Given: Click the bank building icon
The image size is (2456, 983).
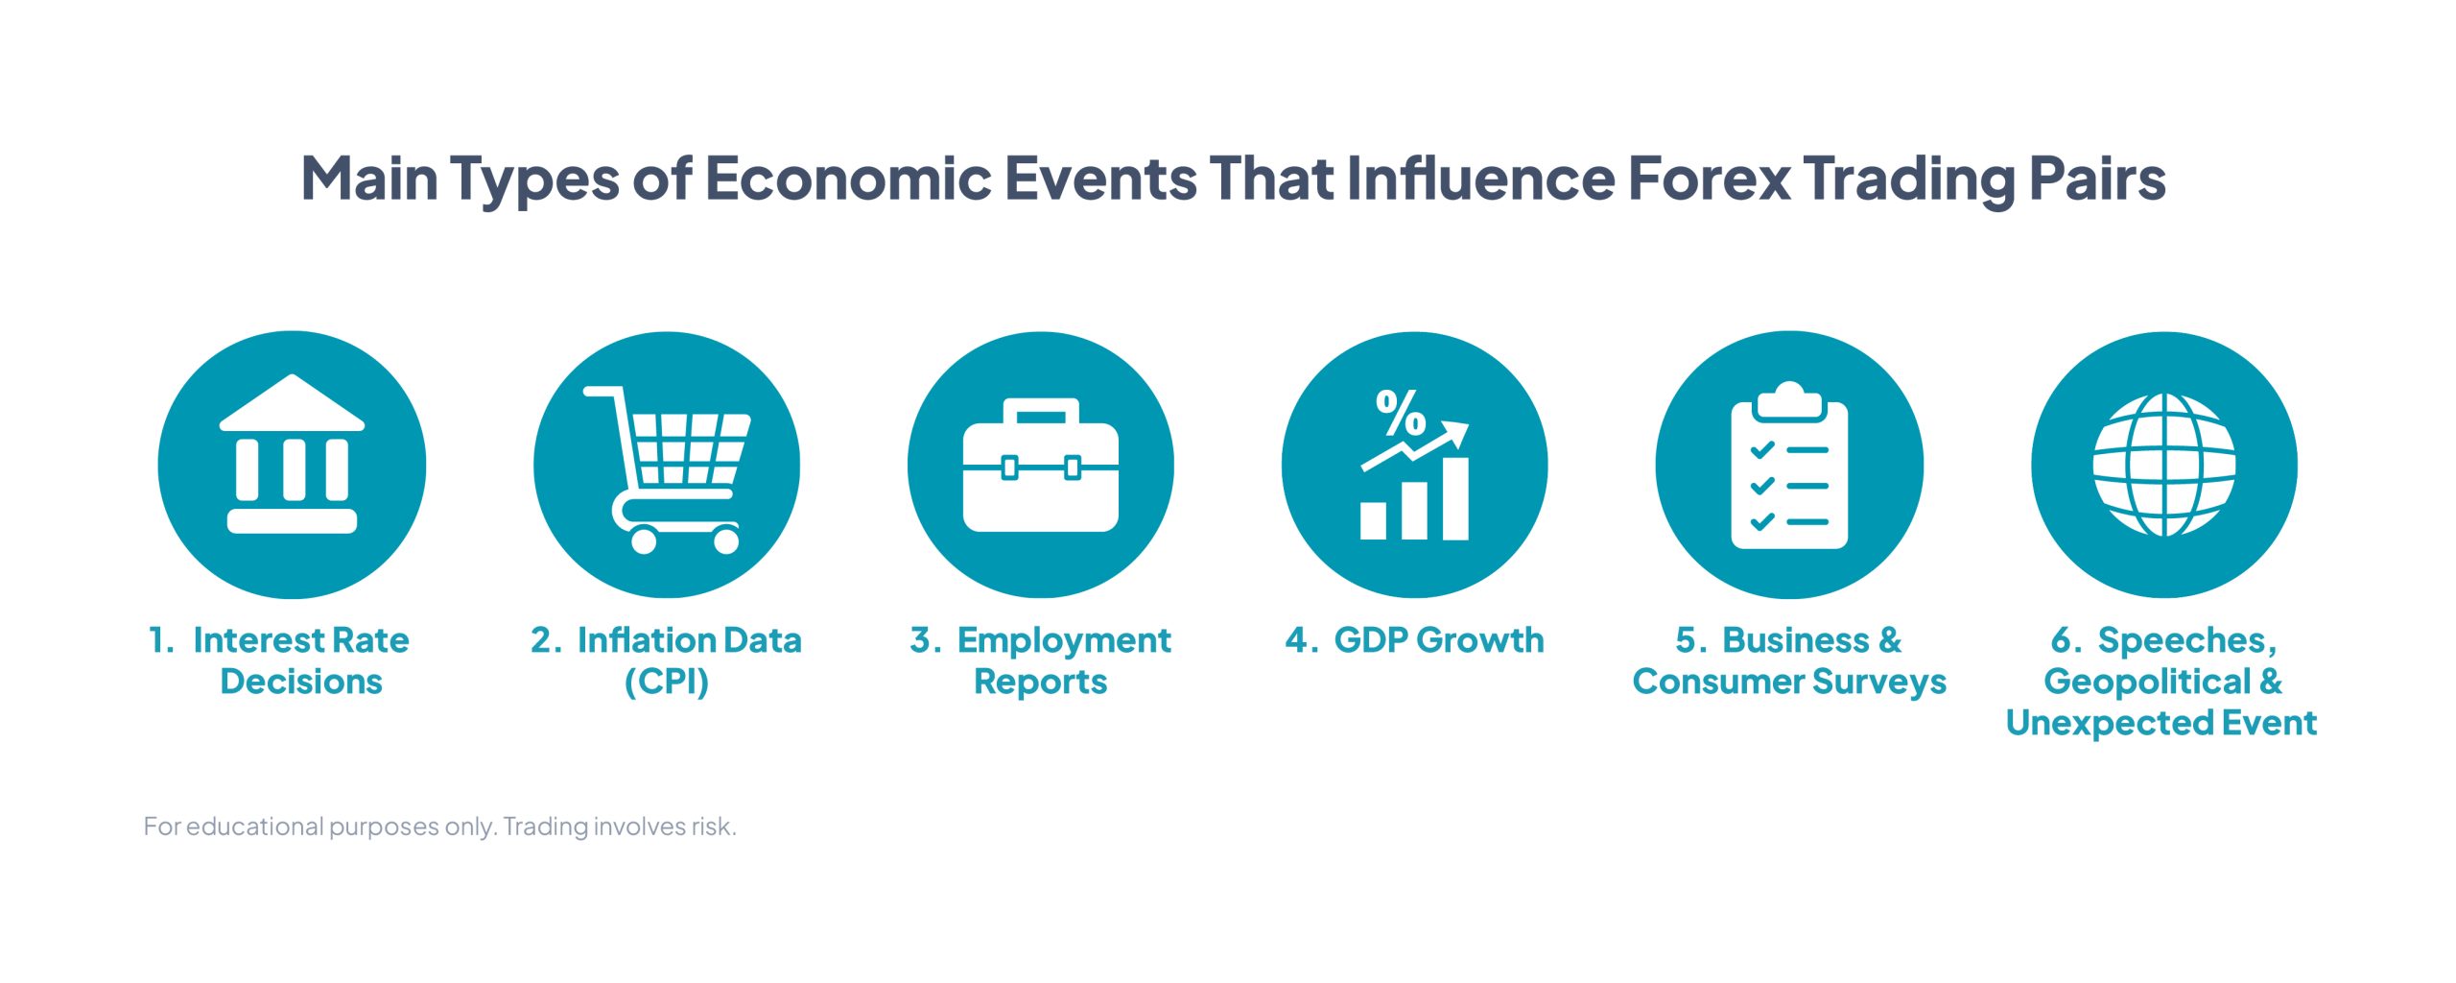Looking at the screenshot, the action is click(x=292, y=454).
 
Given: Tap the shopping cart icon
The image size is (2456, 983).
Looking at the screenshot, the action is click(x=668, y=469).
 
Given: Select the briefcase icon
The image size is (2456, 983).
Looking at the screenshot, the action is click(x=1041, y=465).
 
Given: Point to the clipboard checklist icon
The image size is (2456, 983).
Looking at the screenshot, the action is click(x=1789, y=466).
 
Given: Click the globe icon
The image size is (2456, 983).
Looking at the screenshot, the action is click(x=2164, y=465).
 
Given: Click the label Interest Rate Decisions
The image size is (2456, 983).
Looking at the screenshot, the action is click(x=279, y=660).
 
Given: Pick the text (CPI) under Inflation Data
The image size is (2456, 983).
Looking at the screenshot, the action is click(x=667, y=682).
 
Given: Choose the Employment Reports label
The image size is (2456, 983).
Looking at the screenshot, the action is click(x=1041, y=660).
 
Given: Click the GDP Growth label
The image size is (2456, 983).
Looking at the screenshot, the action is click(x=1415, y=640).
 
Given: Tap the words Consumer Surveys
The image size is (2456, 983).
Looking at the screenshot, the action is click(x=1790, y=682).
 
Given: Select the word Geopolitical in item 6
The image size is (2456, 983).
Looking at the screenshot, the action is click(x=2147, y=682).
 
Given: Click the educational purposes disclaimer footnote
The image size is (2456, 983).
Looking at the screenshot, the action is click(x=440, y=827).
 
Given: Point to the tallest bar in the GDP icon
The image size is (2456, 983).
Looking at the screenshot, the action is click(x=1456, y=498).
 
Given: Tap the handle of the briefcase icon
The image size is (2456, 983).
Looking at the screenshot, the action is click(x=1041, y=412).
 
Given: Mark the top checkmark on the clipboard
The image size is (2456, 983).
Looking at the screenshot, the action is click(x=1762, y=449).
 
